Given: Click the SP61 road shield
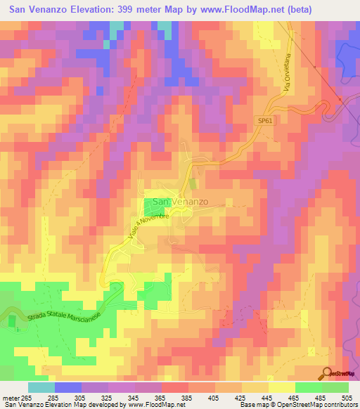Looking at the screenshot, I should (263, 122).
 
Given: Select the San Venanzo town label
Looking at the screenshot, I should (181, 202).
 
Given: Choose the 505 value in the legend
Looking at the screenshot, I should (347, 397).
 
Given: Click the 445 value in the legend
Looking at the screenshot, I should (268, 397).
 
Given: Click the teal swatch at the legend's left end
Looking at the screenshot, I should (41, 387).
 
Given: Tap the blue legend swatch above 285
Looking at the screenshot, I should (68, 387).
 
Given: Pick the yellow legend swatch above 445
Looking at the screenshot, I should (281, 387).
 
